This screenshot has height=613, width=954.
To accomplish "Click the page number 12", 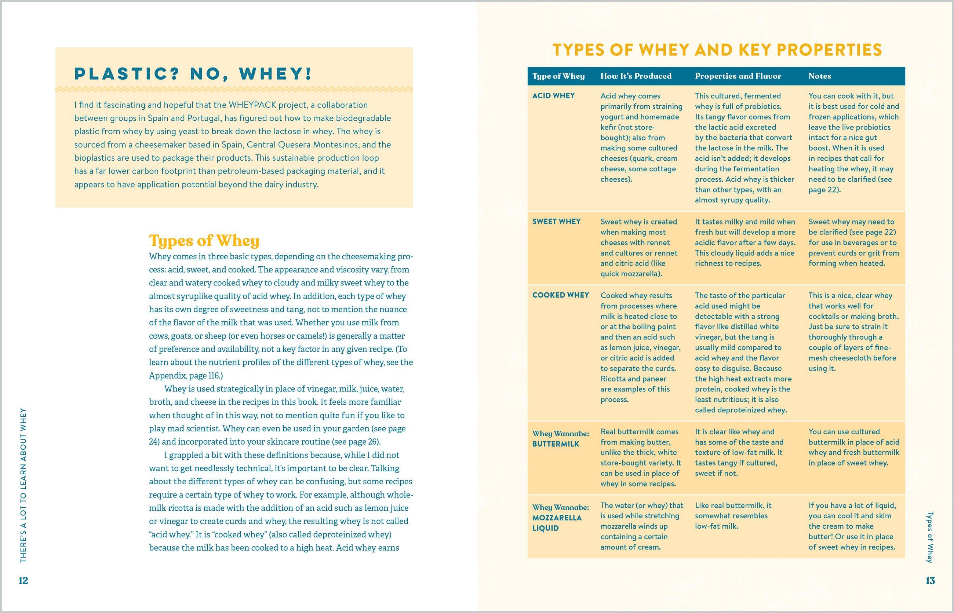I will tap(23, 580).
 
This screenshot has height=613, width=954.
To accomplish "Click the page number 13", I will tap(930, 580).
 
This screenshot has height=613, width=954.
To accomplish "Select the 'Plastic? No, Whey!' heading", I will tap(193, 74).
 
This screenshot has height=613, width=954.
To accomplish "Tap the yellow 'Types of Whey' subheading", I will tap(204, 240).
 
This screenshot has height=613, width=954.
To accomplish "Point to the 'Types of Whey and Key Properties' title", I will tap(717, 50).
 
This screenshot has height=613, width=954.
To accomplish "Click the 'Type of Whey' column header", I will tap(558, 76).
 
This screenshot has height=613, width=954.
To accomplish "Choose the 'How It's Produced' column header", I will tap(636, 76).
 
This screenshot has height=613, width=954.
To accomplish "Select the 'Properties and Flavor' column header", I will tap(738, 76).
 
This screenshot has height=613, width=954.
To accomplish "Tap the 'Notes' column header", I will tap(819, 76).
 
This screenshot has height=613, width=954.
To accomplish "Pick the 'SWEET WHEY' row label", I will tap(556, 221).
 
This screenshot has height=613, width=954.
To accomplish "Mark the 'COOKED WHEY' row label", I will tap(561, 295).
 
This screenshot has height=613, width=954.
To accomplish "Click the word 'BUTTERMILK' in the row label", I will tap(556, 444).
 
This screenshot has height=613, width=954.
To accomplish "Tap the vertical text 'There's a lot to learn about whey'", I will tap(23, 485).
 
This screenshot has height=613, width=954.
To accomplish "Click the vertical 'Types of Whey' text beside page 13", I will tap(930, 537).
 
